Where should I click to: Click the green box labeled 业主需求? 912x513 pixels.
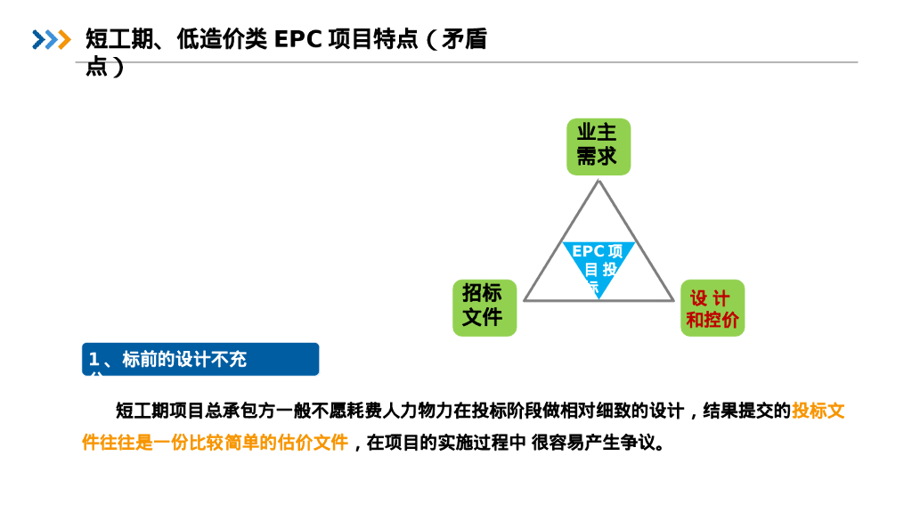pyautogui.click(x=598, y=146)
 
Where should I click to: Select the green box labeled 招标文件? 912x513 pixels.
pyautogui.click(x=484, y=307)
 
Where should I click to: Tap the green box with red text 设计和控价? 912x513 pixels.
pyautogui.click(x=712, y=308)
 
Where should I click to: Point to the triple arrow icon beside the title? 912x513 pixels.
pyautogui.click(x=51, y=39)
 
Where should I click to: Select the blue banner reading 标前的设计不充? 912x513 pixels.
pyautogui.click(x=200, y=359)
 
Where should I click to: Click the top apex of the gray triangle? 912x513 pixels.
pyautogui.click(x=598, y=182)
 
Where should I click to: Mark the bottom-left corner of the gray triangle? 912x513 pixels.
pyautogui.click(x=525, y=300)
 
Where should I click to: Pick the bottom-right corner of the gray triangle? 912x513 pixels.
pyautogui.click(x=673, y=300)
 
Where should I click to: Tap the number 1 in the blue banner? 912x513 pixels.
pyautogui.click(x=94, y=359)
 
